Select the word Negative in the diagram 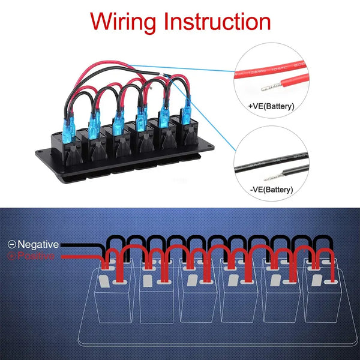coord(38,244)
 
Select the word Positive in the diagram coord(38,256)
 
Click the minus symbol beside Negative coord(11,244)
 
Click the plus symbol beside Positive coord(11,256)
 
